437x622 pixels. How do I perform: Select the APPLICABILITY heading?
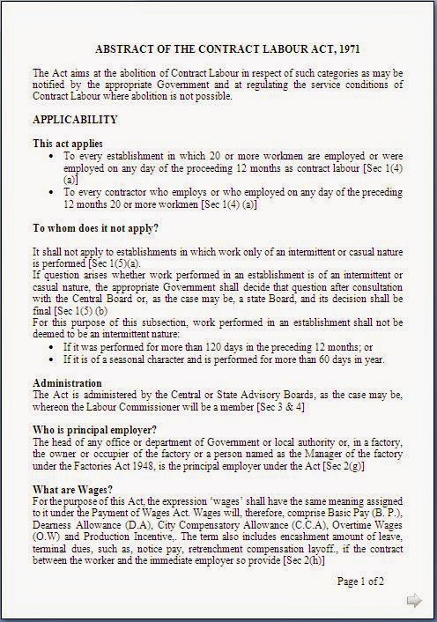pos(75,119)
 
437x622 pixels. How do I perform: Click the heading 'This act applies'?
pos(68,143)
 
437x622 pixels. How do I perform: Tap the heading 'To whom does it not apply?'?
pos(95,228)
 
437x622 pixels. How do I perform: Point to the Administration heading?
pos(67,383)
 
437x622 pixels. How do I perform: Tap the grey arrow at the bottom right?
pos(413,601)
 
